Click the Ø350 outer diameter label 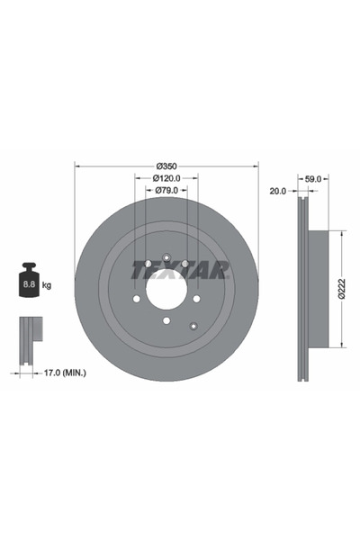pos(166,166)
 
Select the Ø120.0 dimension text pos(166,178)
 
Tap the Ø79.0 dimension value pos(166,190)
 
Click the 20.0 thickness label pos(277,191)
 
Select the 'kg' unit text pos(47,285)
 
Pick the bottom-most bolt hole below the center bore pos(166,321)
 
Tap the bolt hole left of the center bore pos(137,299)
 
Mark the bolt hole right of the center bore pos(196,299)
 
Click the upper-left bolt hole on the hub pos(148,264)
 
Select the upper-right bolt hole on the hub pos(184,264)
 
